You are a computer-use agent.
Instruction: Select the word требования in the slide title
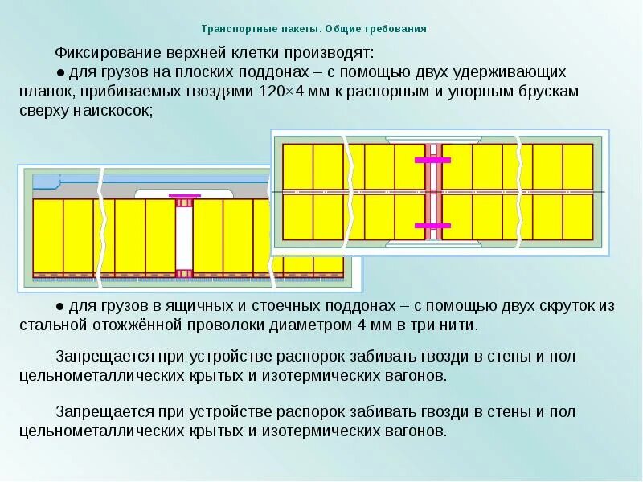(395, 29)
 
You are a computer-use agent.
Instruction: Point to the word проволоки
(239, 325)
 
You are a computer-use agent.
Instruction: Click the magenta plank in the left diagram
(184, 196)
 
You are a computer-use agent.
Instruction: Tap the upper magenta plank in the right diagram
(433, 161)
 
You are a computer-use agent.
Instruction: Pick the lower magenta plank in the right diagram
(433, 224)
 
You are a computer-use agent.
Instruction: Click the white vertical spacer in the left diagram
(184, 237)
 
